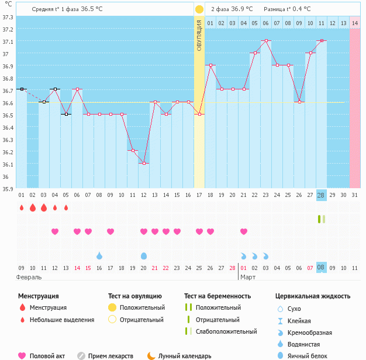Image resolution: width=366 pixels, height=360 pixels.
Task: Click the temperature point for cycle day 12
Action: (144, 163)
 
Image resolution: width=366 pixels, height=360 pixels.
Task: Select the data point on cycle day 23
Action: (267, 40)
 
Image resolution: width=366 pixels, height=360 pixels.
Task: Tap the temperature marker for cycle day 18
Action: (211, 65)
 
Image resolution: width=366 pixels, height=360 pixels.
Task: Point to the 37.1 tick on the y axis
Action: (8, 41)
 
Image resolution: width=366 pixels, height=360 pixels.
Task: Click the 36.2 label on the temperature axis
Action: (8, 153)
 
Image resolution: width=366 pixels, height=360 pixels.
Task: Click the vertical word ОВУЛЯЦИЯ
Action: (199, 36)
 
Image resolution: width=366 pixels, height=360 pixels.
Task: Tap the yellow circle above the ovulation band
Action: (199, 9)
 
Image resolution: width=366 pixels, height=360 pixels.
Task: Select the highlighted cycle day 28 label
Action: (321, 195)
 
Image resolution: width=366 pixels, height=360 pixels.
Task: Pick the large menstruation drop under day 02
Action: (33, 207)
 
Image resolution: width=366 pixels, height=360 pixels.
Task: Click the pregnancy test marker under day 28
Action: (322, 219)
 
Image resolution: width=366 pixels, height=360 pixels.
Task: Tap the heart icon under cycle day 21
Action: (244, 231)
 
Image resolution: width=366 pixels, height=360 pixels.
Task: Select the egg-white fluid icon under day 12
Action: (144, 256)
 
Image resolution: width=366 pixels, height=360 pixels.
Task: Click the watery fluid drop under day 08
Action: (99, 256)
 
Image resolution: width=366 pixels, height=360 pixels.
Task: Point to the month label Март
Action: (248, 277)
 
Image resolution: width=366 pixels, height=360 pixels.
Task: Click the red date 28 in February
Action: (232, 268)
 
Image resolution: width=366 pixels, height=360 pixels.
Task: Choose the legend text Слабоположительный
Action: (226, 331)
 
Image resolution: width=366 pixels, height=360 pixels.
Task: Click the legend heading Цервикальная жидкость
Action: (313, 296)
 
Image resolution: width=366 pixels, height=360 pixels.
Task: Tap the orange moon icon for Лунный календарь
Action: (151, 356)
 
